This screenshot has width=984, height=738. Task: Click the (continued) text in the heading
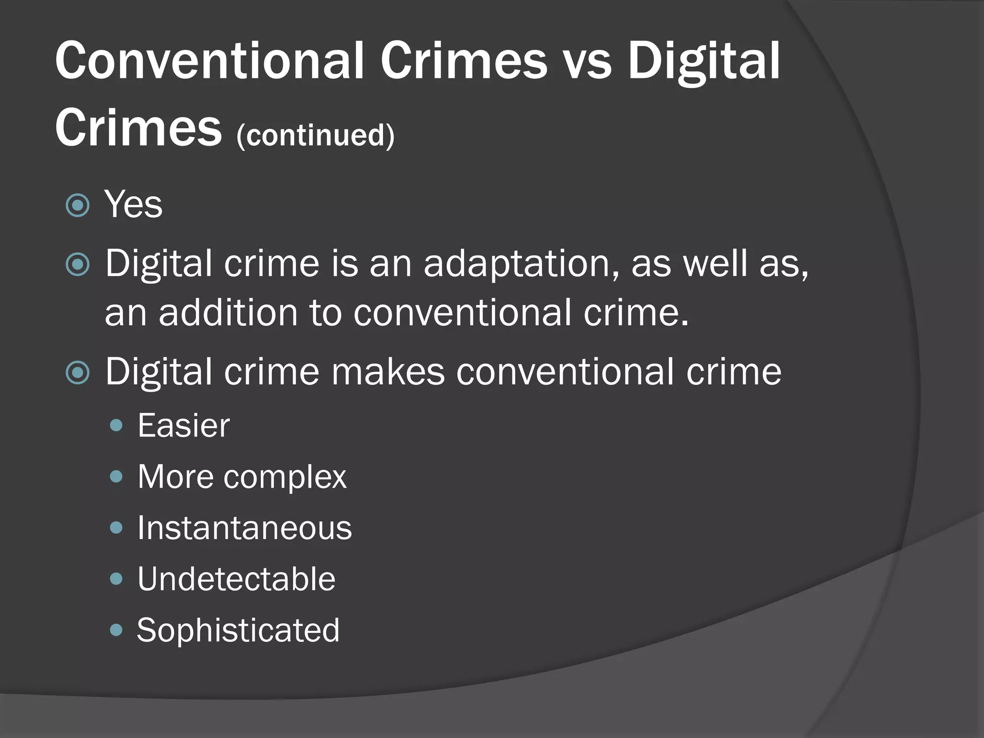pos(315,135)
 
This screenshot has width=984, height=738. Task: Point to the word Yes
pos(134,204)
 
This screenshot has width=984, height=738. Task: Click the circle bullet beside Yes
pos(77,206)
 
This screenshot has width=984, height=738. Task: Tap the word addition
pos(228,313)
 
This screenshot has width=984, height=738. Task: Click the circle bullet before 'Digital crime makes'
pos(77,373)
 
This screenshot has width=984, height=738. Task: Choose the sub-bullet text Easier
pos(184,426)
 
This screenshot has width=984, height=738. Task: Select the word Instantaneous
pos(245,528)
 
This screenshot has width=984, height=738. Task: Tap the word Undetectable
pos(236,579)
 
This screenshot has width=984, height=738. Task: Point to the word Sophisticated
pos(238,630)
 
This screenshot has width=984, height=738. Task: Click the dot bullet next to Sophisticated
pos(116,630)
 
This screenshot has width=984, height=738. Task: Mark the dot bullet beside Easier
pos(116,426)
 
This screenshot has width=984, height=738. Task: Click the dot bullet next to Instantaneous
pos(116,528)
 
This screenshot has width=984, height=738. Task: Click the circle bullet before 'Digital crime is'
pos(77,265)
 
